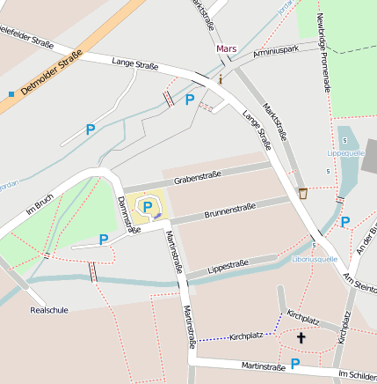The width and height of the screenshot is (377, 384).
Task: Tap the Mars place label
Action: [x=227, y=48]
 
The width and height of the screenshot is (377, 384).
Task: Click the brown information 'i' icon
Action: [x=220, y=78]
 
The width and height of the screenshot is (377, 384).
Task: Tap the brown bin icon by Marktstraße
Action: [x=303, y=192]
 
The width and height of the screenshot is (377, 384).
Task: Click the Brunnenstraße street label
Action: [x=229, y=211]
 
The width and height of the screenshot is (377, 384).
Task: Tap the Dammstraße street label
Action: [x=128, y=214]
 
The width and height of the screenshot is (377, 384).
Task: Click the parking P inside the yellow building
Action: [x=147, y=206]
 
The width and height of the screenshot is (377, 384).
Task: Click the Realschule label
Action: [x=48, y=310]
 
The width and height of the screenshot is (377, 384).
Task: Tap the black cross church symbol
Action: [x=301, y=337]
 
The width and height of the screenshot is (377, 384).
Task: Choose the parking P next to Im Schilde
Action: [x=295, y=363]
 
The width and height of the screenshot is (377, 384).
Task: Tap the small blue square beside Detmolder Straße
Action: [x=11, y=92]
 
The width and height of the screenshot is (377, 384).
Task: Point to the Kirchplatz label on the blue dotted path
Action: [x=246, y=336]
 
